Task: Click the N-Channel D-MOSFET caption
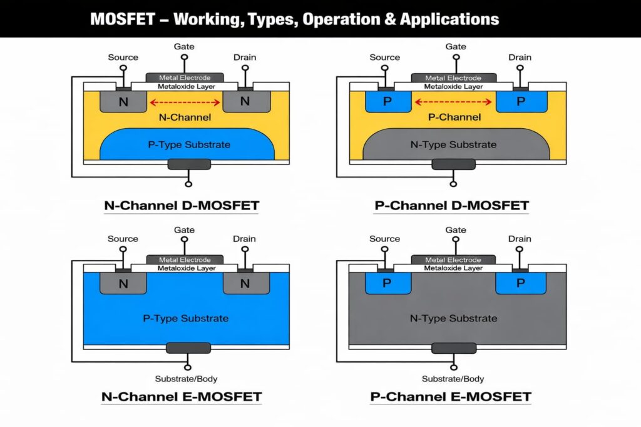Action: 181,205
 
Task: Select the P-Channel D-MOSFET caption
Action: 451,205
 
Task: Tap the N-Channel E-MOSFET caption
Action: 181,396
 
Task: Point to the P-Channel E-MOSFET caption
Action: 451,396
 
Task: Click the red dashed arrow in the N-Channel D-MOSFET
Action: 184,103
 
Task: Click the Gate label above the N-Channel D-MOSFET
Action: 184,46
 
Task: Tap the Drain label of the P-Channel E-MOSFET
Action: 520,239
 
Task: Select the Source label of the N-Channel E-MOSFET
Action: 123,239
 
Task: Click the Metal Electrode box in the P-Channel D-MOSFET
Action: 453,78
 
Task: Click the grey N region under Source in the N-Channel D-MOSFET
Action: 123,101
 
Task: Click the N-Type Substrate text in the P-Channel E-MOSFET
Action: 453,318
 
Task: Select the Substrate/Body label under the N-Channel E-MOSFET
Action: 185,379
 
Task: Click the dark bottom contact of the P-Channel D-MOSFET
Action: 453,164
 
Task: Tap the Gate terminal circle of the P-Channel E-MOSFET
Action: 455,243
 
